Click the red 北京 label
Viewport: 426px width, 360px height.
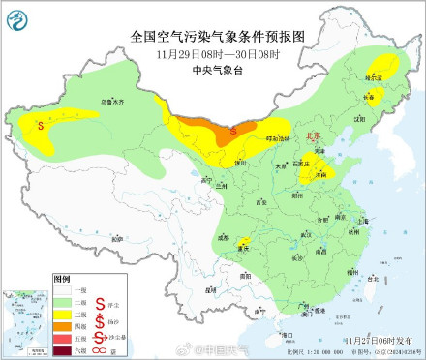pyautogui.click(x=313, y=138)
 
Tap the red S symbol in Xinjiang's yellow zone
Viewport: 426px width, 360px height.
pyautogui.click(x=40, y=124)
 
